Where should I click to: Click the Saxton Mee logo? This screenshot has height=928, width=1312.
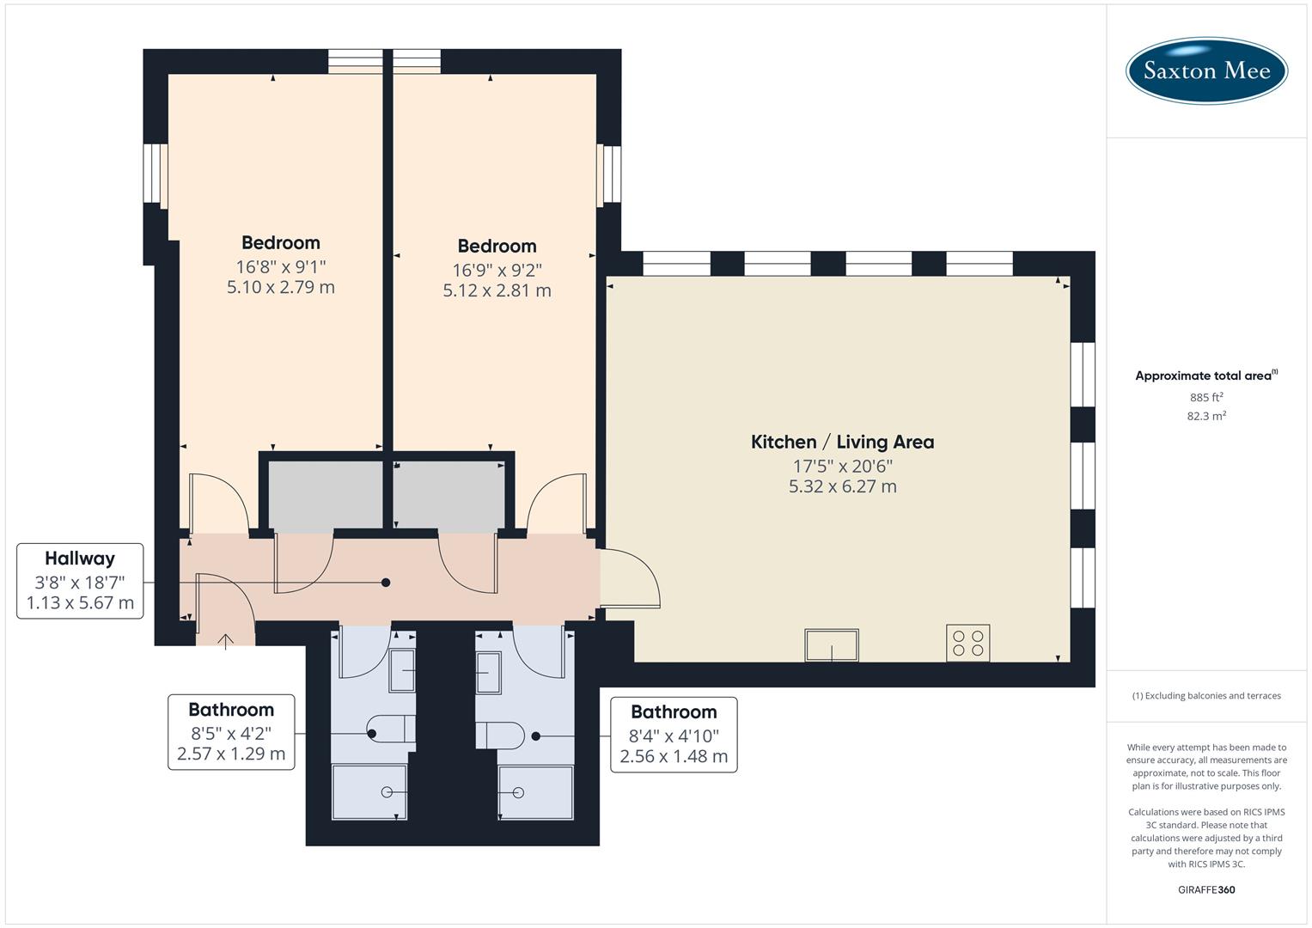[1206, 70]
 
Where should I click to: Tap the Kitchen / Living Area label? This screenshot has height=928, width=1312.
[842, 442]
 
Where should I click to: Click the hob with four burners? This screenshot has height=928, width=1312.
[967, 643]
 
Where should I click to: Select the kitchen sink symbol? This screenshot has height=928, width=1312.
[831, 644]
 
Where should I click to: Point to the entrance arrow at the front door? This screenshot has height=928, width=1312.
[225, 640]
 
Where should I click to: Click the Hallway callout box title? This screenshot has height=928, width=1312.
[80, 559]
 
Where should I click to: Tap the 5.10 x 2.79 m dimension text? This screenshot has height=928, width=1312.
[280, 287]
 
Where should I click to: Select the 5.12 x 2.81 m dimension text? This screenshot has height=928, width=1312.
[497, 290]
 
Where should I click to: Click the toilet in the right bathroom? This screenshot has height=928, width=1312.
[501, 736]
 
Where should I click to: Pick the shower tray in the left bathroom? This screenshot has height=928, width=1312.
[369, 791]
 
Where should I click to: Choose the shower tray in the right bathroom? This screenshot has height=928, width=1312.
[535, 791]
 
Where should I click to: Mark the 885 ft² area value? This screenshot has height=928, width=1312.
[1206, 397]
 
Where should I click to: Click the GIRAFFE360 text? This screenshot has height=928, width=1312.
[1206, 889]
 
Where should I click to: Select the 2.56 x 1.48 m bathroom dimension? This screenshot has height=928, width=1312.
[674, 756]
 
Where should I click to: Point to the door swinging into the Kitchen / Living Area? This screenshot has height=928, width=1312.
[630, 580]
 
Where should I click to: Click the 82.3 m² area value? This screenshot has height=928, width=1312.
[1206, 416]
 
